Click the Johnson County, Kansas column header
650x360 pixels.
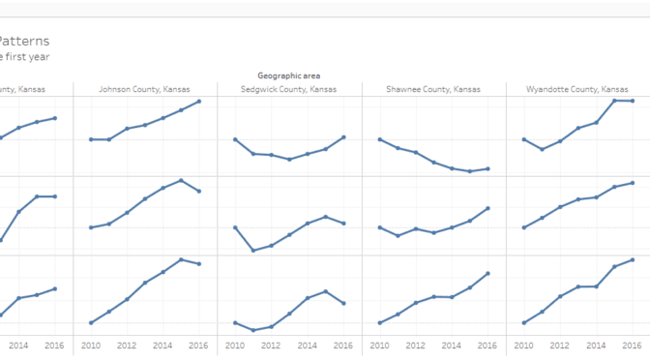[x=144, y=89]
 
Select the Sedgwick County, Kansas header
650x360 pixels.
[x=289, y=89]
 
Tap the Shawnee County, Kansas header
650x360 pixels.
[x=433, y=89]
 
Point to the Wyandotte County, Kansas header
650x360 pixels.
[x=577, y=89]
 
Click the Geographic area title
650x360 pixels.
[x=289, y=75]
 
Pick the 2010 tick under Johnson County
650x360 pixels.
[x=90, y=345]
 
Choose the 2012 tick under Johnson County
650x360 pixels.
[x=127, y=345]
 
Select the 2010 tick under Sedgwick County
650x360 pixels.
[x=235, y=345]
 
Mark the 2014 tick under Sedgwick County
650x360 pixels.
[x=308, y=345]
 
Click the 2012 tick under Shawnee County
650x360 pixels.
[x=416, y=345]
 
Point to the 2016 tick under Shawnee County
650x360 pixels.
[x=487, y=345]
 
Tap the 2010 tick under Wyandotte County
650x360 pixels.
[x=523, y=345]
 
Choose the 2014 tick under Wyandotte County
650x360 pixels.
[x=596, y=345]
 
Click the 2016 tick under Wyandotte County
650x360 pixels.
[x=633, y=345]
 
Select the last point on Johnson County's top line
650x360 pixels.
[x=199, y=101]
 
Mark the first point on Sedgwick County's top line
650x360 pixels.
[x=235, y=139]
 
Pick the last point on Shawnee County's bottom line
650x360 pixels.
[x=487, y=273]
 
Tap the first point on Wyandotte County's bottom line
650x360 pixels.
[x=523, y=322]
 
